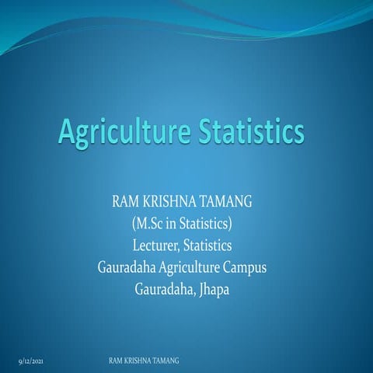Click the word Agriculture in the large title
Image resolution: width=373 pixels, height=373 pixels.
pos(125,131)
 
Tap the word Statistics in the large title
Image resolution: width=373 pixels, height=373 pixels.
pos(252,131)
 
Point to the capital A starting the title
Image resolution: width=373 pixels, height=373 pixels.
pos(67,131)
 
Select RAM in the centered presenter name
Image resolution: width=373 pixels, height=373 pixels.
pos(125,201)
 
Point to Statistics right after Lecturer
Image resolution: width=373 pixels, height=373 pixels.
pos(207,246)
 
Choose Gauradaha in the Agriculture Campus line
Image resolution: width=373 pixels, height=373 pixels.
pos(127,267)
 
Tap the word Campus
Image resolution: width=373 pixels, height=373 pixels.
pos(245,268)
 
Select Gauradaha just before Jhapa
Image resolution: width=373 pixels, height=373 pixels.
pos(165,290)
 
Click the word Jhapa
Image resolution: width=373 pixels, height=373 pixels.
pos(214,291)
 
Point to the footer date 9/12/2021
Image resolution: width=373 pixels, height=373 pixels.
pos(31,361)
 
